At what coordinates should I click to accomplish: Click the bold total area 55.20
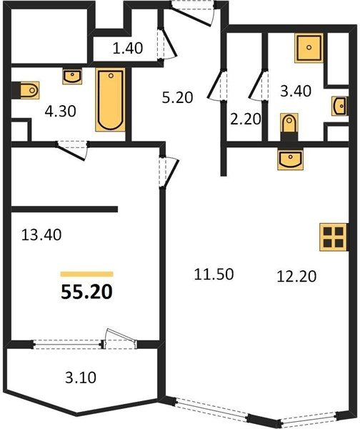(x=86, y=292)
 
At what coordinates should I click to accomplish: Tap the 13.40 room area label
(x=41, y=235)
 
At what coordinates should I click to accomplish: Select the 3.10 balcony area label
(x=81, y=378)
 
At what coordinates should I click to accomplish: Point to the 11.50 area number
(x=214, y=274)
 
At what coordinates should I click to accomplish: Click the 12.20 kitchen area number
(x=296, y=276)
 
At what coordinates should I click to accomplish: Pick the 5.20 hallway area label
(x=177, y=97)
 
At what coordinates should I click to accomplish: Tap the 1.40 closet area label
(x=128, y=48)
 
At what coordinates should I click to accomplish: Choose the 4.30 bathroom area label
(x=61, y=112)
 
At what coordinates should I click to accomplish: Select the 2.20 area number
(x=246, y=119)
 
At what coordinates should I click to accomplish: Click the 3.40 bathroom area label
(x=296, y=91)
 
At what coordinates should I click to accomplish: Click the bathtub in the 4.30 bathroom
(x=111, y=100)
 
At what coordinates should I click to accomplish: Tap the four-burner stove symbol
(x=333, y=237)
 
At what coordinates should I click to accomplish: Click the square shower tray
(x=309, y=48)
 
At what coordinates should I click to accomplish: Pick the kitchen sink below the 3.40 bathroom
(x=290, y=159)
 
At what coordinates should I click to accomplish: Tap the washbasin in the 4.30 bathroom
(x=72, y=77)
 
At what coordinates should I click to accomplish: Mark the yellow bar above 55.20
(x=87, y=274)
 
